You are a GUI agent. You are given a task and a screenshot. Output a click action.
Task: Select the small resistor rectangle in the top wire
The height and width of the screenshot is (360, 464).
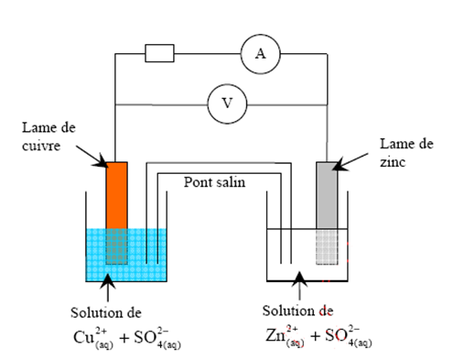(159, 54)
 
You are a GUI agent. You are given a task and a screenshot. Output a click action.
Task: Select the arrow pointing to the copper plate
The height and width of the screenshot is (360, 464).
(96, 156)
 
